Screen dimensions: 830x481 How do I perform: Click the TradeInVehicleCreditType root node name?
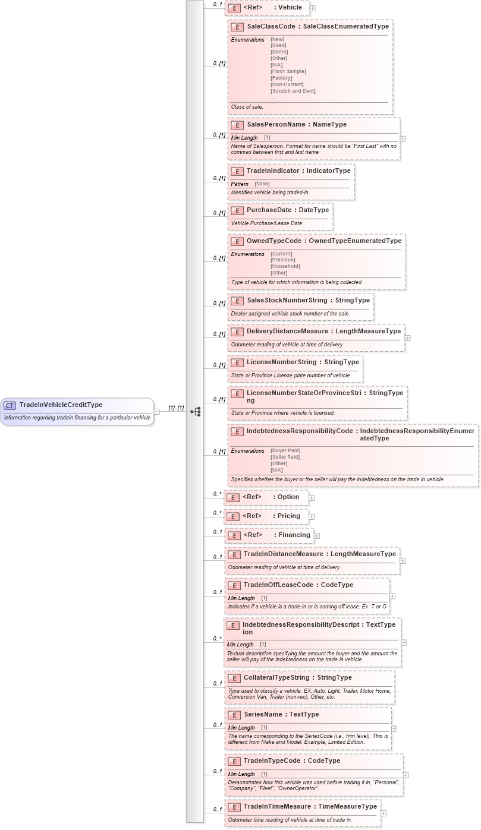coord(61,405)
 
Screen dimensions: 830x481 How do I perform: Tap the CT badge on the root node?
coord(10,405)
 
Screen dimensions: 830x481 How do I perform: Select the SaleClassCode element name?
coord(273,27)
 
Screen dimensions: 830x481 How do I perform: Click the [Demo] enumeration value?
coord(279,52)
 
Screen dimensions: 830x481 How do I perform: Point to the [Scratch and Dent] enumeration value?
coord(293,91)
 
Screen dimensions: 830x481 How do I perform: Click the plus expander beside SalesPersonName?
coord(403,138)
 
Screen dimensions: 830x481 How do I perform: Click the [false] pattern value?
coord(262,184)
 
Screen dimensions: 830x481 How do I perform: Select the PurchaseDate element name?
coord(266,210)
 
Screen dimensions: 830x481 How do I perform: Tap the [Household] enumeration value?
coord(285,266)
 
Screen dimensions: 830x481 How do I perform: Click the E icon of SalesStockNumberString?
coord(237,301)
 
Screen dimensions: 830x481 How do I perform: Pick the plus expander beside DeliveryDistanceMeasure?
coord(407,337)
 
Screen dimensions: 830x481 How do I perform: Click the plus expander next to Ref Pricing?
coord(312,517)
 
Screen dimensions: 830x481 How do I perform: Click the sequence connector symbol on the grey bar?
coord(195,411)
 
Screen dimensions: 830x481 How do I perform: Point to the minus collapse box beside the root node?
coord(156,411)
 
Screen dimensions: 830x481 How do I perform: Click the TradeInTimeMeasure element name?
coord(278,806)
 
